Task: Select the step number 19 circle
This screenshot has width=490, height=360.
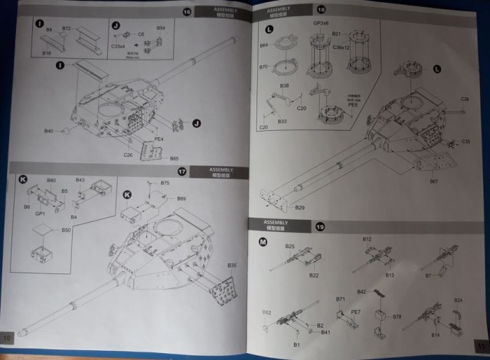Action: tap(320, 227)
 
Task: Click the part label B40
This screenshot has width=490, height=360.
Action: tap(49, 132)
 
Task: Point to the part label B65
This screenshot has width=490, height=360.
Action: tap(175, 159)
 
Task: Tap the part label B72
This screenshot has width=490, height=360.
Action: tap(67, 28)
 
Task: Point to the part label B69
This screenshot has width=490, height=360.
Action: tap(181, 199)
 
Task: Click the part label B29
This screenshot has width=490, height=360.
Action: tap(299, 208)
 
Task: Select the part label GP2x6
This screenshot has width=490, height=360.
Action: tap(319, 24)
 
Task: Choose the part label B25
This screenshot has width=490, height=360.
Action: tap(290, 246)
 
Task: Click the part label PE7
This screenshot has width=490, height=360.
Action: tap(356, 313)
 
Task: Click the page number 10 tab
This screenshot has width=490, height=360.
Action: tap(8, 338)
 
